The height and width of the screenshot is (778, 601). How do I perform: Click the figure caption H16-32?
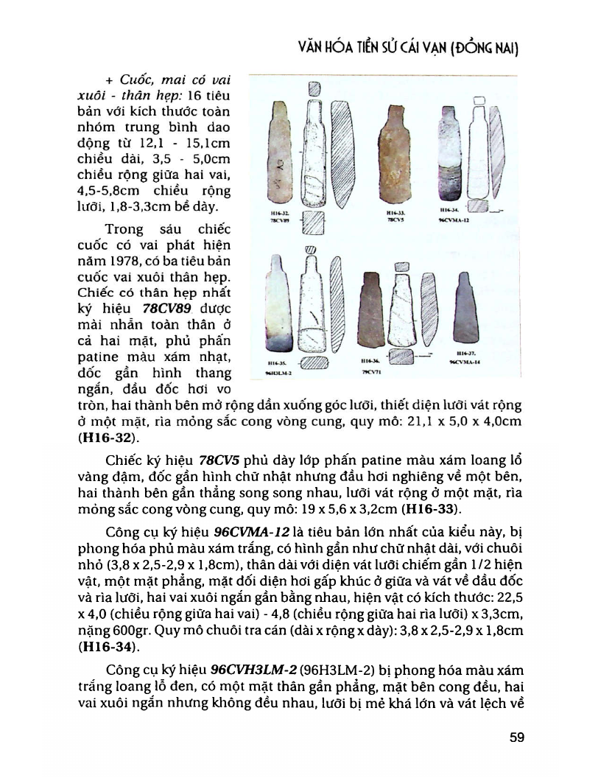[272, 214]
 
